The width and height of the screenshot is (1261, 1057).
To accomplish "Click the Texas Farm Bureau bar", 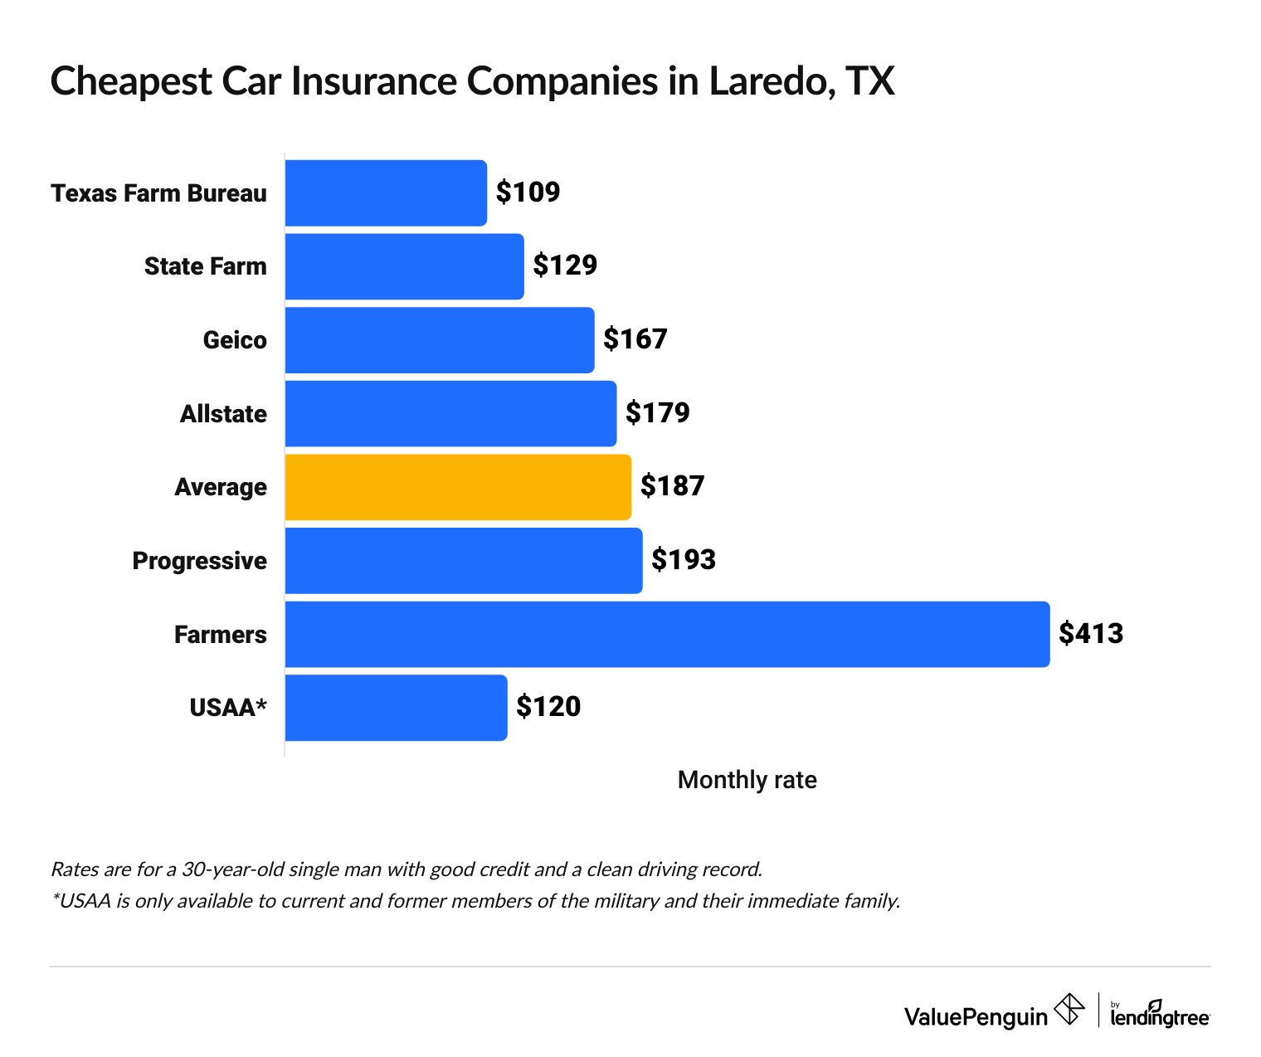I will [386, 192].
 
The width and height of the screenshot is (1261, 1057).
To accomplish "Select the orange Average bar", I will [458, 487].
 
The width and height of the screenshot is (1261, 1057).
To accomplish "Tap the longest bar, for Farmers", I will [667, 634].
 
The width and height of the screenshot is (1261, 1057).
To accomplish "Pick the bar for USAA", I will [396, 708].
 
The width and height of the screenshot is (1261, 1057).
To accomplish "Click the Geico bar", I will [440, 340].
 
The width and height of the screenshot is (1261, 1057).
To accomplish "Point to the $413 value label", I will [1091, 634].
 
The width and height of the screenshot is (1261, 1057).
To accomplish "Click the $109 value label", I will [528, 192].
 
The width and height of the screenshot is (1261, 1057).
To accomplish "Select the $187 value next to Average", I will [672, 486].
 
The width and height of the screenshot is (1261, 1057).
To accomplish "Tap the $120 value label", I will [548, 707].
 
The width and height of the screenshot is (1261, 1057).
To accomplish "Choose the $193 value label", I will [683, 560].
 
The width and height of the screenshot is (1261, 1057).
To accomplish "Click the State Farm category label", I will [205, 266].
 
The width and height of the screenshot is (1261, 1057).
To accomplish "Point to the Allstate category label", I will [223, 414].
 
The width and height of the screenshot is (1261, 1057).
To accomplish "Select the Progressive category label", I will [199, 561].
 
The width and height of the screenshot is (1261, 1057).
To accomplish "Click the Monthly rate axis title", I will [747, 780].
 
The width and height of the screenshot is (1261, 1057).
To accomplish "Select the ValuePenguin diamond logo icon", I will [1069, 1010].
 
